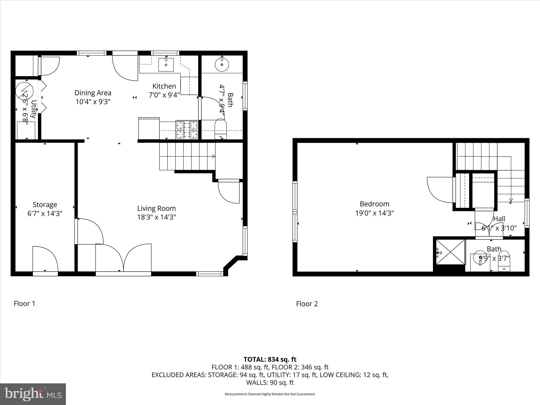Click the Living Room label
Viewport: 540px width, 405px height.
pos(156,208)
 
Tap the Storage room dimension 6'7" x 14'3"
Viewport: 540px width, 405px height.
pos(45,213)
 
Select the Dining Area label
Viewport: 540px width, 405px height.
pos(93,93)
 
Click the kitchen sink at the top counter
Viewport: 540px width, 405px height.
pos(166,65)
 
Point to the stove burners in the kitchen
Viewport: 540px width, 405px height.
pos(187,129)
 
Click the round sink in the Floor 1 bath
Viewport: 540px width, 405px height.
pos(222,64)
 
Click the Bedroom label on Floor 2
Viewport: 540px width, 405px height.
pos(374,204)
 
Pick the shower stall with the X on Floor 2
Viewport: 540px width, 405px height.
pos(450,252)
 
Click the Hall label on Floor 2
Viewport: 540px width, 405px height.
pos(499,219)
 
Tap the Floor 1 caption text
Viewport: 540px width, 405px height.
pos(24,303)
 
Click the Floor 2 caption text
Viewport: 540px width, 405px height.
pos(307,304)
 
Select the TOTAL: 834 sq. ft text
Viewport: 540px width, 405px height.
pos(270,359)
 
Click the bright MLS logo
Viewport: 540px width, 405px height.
pos(33,394)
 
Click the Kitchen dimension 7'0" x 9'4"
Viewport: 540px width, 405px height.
pos(164,95)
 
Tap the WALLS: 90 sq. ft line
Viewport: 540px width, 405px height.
pos(270,382)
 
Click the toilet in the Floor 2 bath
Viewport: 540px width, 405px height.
pos(504,261)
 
